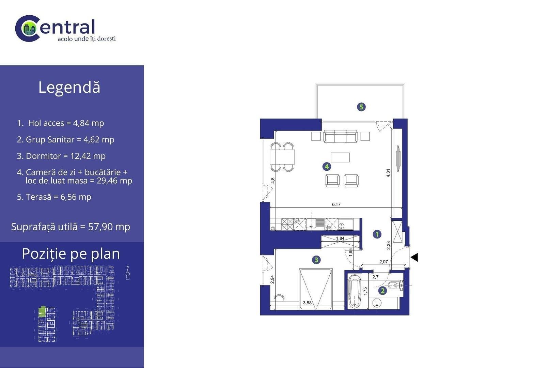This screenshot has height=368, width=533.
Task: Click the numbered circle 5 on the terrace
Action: [x=361, y=107]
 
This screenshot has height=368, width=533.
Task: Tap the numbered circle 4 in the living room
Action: [x=327, y=167]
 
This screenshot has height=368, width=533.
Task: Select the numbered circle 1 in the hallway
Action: [x=377, y=234]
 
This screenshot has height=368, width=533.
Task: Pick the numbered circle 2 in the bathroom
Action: [x=382, y=290]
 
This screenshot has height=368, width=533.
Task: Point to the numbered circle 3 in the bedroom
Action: [x=316, y=260]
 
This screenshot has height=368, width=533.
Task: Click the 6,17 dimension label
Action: [x=336, y=204]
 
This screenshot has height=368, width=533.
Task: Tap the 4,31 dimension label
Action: [x=388, y=173]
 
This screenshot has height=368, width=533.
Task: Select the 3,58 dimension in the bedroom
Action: [x=307, y=303]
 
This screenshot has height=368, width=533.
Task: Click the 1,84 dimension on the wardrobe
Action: [x=340, y=238]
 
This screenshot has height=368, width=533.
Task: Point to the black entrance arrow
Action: [x=414, y=257]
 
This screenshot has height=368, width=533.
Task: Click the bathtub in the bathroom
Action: [x=355, y=291]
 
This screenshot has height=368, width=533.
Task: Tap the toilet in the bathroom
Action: [x=395, y=285]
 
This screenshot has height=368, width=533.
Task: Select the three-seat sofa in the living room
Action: [x=340, y=136]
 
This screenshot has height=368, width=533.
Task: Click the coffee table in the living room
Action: [x=340, y=157]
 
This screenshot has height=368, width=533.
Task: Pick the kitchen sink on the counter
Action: [x=315, y=224]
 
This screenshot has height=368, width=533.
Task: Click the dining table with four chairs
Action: [x=282, y=157]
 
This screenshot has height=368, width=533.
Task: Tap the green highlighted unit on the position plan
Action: [x=42, y=311]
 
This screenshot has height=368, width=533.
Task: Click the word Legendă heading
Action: [x=69, y=87]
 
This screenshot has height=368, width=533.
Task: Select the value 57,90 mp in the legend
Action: [x=109, y=227]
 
